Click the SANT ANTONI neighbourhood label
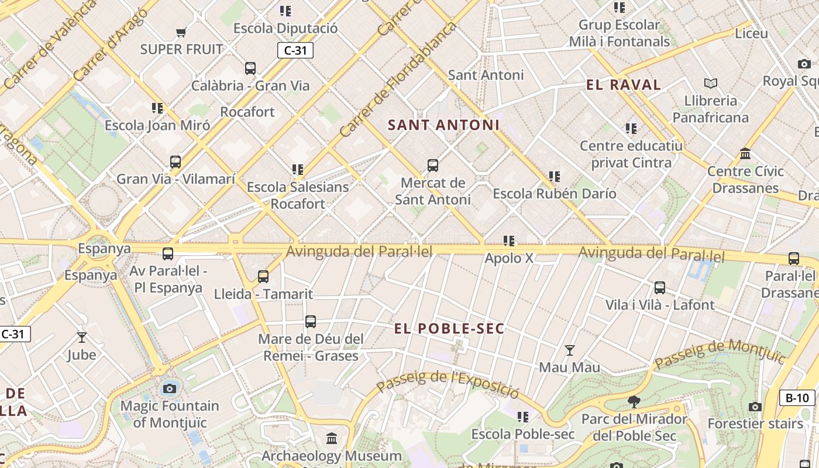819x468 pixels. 443,125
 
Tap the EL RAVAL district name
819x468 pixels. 624,85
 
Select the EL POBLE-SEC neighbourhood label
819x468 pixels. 449,329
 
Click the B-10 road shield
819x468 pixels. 797,398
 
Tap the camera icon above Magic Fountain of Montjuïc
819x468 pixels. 170,388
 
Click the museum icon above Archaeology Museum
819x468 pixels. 332,438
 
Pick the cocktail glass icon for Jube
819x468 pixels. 82,338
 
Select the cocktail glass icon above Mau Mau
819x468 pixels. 569,350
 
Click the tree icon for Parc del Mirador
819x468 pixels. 634,401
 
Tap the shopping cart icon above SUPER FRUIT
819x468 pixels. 181,32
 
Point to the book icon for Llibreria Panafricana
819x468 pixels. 710,83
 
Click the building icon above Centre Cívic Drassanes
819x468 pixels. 745,154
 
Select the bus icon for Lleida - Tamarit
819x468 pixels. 263,276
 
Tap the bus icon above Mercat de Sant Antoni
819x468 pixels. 433,166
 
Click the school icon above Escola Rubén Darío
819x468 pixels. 555,176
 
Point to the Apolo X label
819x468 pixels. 509,257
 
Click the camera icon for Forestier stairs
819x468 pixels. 755,407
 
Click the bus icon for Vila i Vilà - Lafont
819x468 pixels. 660,288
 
